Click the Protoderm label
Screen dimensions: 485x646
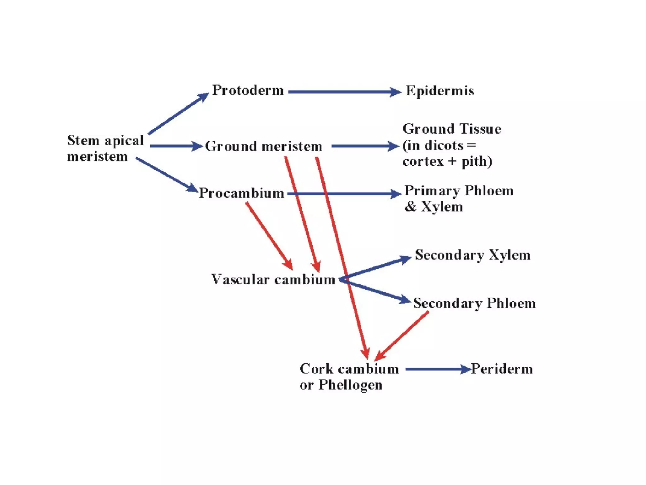(248, 90)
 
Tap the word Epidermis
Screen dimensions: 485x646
(440, 91)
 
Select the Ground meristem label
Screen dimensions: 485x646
(263, 146)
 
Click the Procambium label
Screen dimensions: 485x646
(241, 193)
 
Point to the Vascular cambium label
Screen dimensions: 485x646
(273, 279)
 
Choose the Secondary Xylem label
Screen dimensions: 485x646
(473, 255)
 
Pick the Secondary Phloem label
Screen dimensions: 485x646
(474, 303)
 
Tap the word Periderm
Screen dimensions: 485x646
(502, 369)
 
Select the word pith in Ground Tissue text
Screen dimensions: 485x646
(474, 162)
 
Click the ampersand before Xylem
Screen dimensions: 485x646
(410, 207)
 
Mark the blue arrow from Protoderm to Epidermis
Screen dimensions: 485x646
(344, 92)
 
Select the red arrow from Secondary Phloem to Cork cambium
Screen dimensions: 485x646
(402, 336)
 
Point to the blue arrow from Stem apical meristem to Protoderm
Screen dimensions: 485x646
(178, 114)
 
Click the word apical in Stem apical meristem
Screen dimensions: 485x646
(124, 141)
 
